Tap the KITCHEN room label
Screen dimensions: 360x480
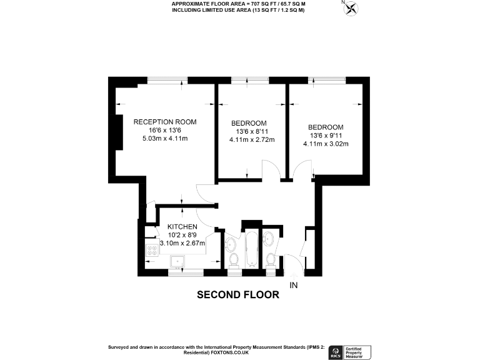(x=182, y=226)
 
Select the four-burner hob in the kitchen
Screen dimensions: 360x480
(x=152, y=252)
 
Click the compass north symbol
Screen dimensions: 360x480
(x=352, y=8)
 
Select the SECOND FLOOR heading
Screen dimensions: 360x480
(x=238, y=294)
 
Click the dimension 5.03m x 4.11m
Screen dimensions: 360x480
(x=165, y=139)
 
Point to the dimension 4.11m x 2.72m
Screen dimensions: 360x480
(x=252, y=140)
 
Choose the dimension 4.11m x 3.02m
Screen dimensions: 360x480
(x=325, y=144)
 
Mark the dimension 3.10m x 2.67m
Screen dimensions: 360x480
(x=182, y=244)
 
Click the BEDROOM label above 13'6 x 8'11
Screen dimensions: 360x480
(x=249, y=122)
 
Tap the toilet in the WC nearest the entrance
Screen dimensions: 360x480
(x=271, y=258)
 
